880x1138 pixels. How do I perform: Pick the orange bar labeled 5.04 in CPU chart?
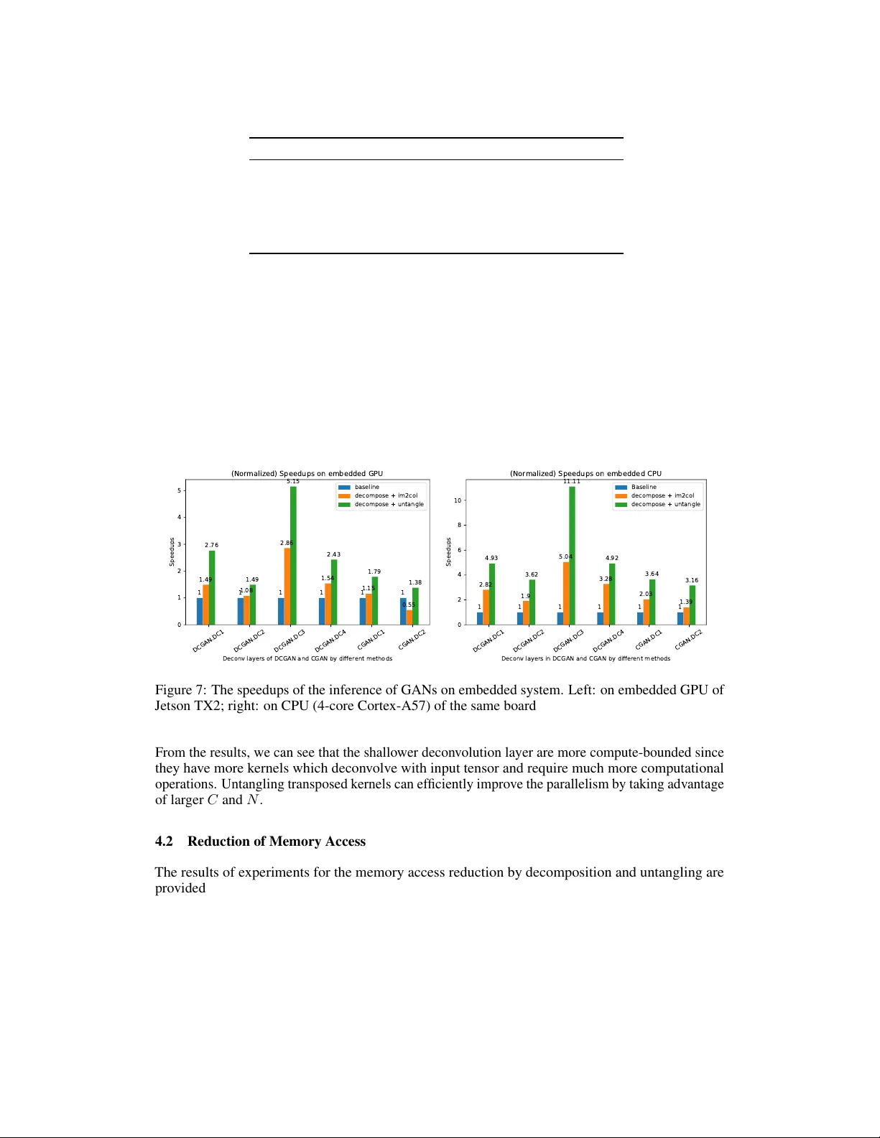tap(566, 593)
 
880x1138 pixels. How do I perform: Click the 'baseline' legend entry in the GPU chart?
tap(366, 487)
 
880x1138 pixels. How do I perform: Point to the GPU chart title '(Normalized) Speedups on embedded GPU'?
tap(307, 474)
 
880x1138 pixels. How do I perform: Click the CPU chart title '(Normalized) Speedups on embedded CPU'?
tap(585, 474)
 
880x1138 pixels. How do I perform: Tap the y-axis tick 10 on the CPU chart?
tap(458, 500)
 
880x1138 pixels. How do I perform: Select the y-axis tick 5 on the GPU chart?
tap(180, 490)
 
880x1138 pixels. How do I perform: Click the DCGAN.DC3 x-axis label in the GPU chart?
tap(290, 640)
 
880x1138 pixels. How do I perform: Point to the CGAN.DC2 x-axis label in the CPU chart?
tap(688, 639)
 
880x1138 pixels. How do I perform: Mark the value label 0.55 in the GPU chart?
tap(409, 605)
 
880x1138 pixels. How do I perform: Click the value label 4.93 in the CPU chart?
tap(491, 558)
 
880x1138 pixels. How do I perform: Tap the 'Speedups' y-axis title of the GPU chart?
tap(172, 551)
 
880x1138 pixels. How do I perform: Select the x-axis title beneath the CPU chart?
tap(585, 658)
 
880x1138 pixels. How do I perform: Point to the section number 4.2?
tap(164, 841)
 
